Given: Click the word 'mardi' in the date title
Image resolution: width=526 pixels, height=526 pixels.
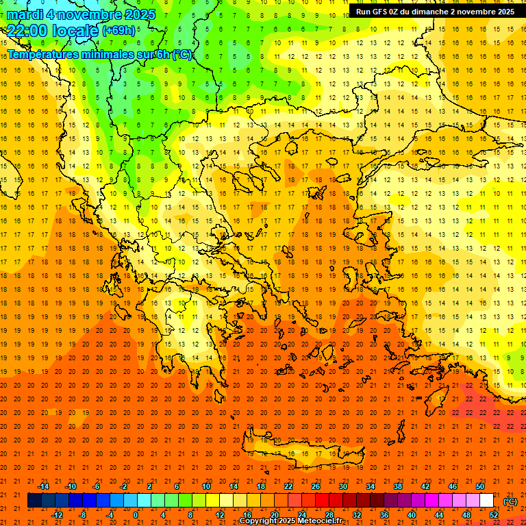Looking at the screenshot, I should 27,14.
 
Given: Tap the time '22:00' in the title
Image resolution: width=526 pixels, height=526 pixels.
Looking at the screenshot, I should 28,31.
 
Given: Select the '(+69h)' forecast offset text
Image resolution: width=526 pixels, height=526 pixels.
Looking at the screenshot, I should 119,31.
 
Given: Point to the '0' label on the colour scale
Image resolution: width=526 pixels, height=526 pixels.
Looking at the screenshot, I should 136,515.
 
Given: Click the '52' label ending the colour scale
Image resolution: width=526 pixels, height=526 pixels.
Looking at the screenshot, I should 494,515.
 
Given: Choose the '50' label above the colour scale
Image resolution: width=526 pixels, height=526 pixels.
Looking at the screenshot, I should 480,486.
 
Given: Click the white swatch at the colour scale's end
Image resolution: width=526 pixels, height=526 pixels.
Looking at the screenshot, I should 487,501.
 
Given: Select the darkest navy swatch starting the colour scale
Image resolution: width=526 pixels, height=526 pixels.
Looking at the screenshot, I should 34,501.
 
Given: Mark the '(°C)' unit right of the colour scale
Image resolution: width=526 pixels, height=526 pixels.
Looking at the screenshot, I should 510,501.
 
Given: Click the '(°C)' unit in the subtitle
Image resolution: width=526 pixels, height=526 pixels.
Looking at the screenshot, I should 182,55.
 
